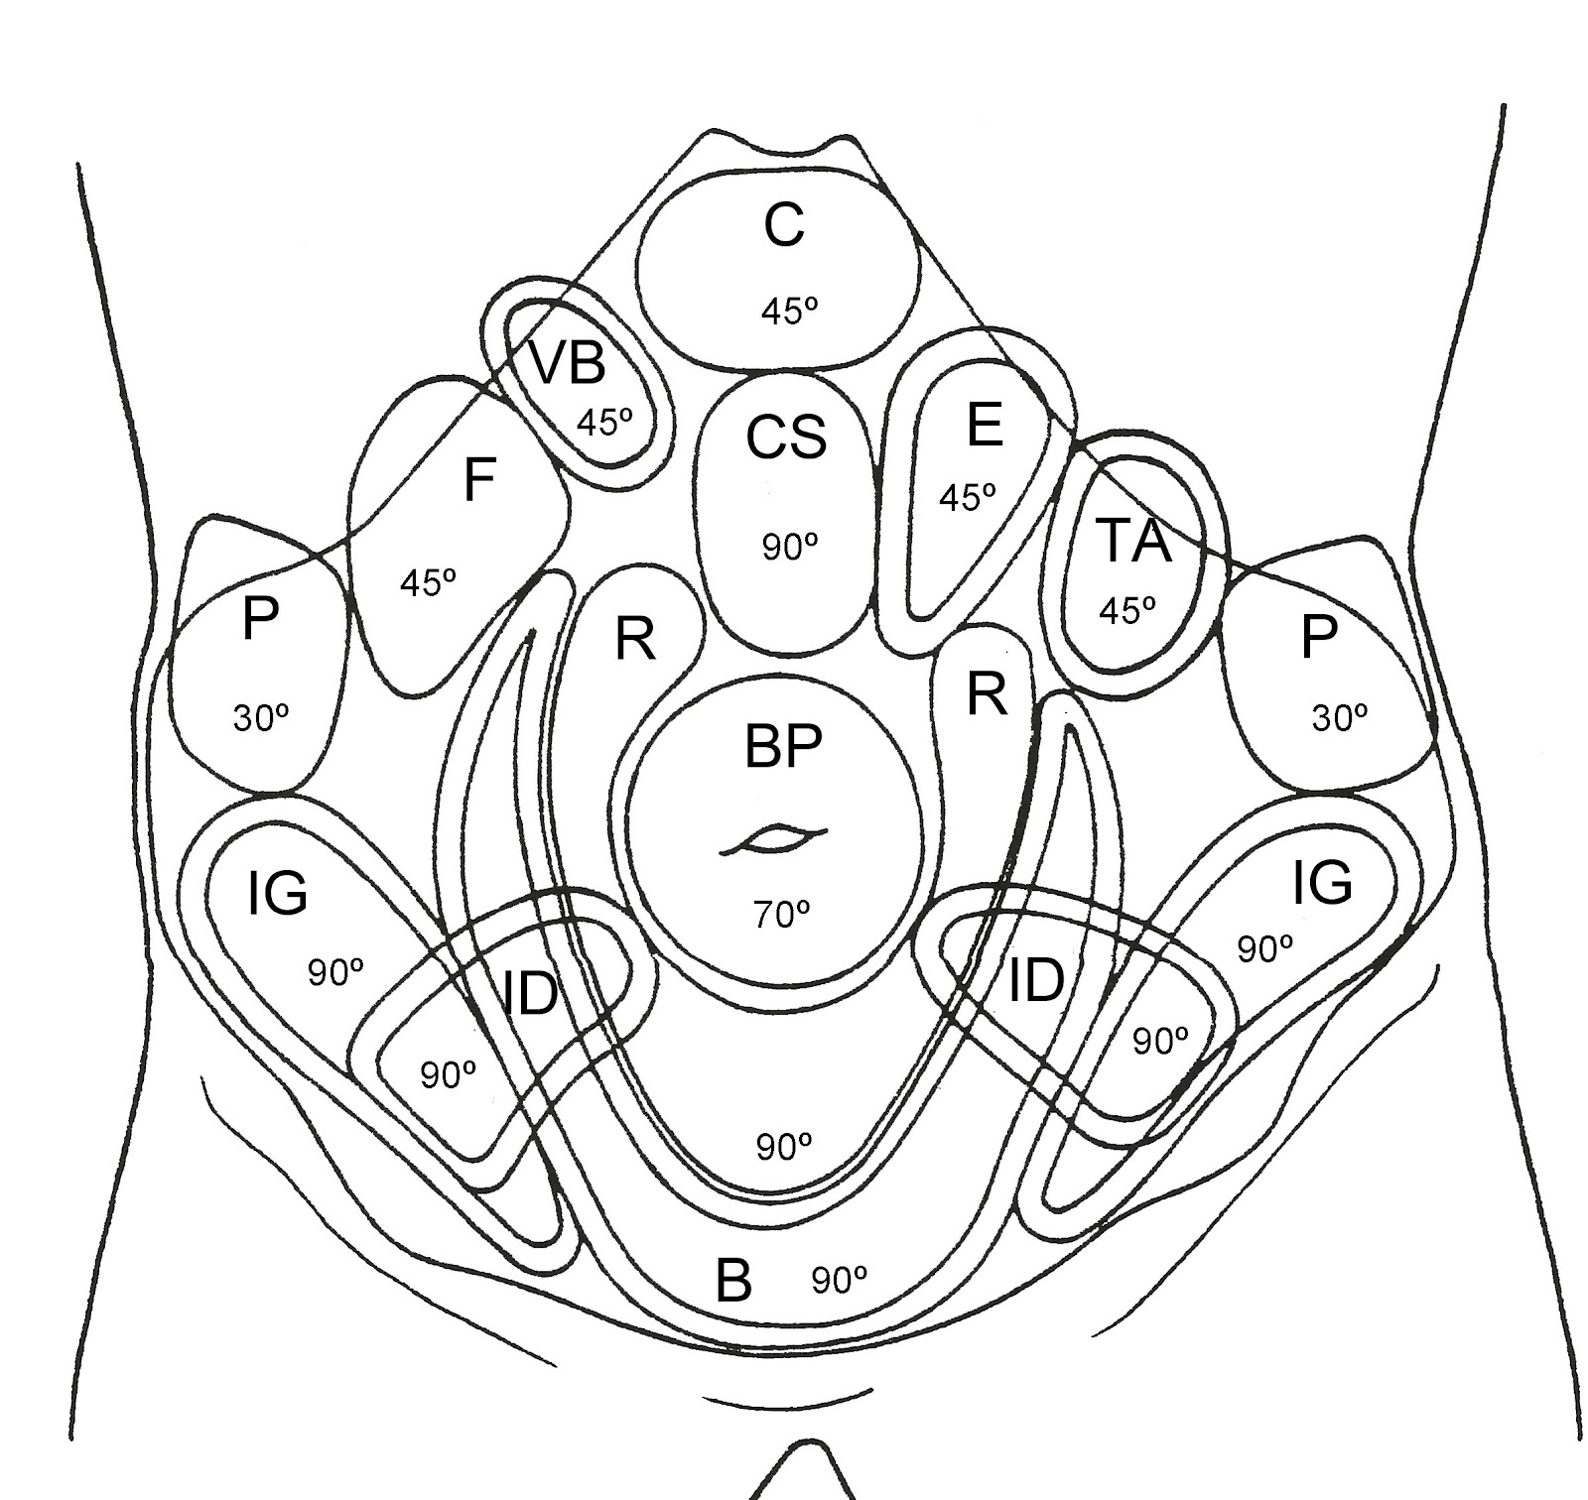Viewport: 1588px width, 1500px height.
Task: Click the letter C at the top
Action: tap(784, 226)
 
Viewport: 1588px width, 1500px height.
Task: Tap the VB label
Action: tap(567, 362)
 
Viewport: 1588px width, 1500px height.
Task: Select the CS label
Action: tap(786, 437)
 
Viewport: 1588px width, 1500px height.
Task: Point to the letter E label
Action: tap(984, 426)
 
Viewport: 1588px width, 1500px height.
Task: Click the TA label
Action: tap(1133, 542)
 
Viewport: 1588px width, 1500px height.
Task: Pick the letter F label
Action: tap(479, 481)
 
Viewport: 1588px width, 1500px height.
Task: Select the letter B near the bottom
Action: tap(733, 1280)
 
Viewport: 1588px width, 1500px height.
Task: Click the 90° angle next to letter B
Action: tap(840, 1281)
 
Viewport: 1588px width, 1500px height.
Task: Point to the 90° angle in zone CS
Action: tap(790, 547)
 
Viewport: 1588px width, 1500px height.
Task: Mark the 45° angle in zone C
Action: tap(789, 312)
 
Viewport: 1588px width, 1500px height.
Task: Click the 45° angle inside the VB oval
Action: tap(604, 422)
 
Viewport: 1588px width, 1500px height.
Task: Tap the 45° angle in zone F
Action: tap(428, 582)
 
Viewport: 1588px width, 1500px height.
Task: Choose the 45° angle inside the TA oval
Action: tap(1127, 609)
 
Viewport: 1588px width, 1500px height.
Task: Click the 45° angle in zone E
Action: tap(967, 496)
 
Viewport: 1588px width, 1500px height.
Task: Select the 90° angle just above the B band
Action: tap(784, 1147)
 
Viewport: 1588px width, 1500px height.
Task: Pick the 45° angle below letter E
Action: tap(967, 496)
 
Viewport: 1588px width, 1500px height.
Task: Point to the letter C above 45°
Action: tap(784, 226)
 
